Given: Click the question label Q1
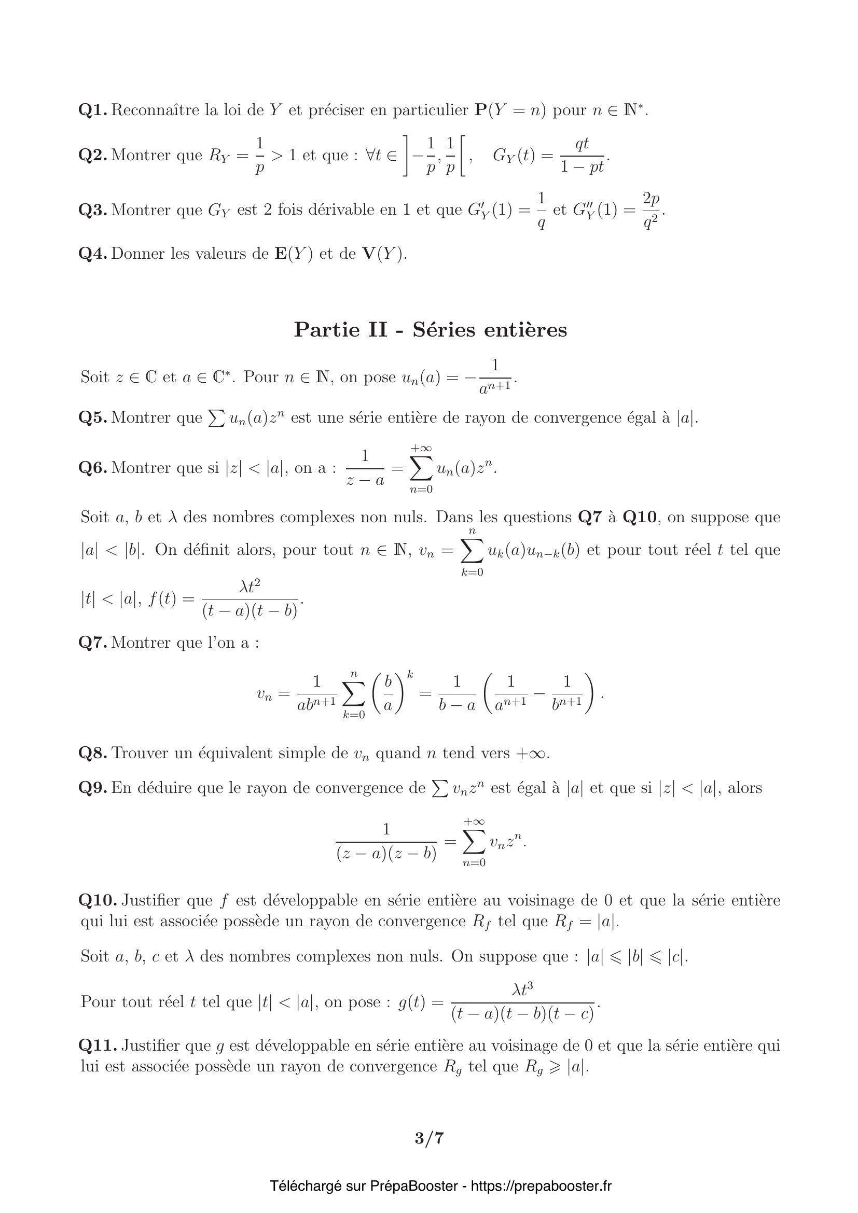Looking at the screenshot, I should tap(93, 110).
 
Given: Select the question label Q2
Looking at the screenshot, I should tap(93, 156).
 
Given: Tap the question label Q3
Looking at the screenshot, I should tap(93, 210).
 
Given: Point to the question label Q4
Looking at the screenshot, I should tap(93, 254).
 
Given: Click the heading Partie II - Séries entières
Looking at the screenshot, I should tap(430, 330).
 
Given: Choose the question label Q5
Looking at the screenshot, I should tap(93, 418).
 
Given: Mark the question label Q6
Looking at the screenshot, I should tap(93, 468).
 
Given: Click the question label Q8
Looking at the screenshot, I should tap(93, 753).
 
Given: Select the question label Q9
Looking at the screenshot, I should tap(93, 788).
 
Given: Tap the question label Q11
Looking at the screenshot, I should tap(98, 1045).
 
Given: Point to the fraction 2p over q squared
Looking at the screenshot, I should tap(651, 211).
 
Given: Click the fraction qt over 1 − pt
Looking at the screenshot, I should tap(582, 157).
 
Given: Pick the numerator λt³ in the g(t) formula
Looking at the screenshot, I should tap(523, 990).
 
